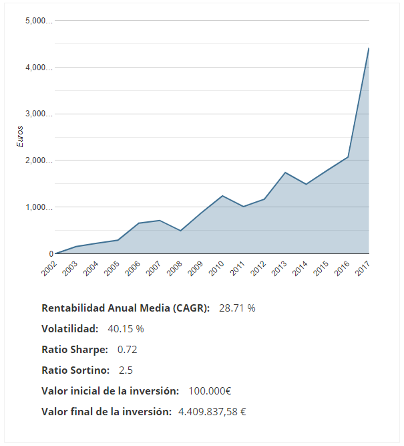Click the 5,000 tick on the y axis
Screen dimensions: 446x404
click(x=38, y=21)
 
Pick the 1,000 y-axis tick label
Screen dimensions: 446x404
click(x=38, y=207)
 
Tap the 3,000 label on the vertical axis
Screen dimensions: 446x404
click(x=38, y=114)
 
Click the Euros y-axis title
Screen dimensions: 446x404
click(x=20, y=136)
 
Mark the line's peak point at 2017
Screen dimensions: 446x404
click(x=369, y=48)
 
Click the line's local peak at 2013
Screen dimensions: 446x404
click(x=285, y=173)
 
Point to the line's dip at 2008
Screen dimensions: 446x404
click(x=180, y=231)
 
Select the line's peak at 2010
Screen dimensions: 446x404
click(x=222, y=196)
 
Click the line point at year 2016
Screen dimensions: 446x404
click(x=348, y=157)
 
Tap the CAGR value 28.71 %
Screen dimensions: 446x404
click(x=237, y=308)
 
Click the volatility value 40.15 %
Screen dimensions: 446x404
click(x=126, y=329)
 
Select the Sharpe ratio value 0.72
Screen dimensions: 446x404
click(x=127, y=350)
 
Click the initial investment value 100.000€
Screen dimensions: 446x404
click(x=210, y=391)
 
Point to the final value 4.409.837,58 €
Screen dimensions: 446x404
click(x=212, y=412)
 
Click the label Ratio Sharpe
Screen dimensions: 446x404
click(x=74, y=350)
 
